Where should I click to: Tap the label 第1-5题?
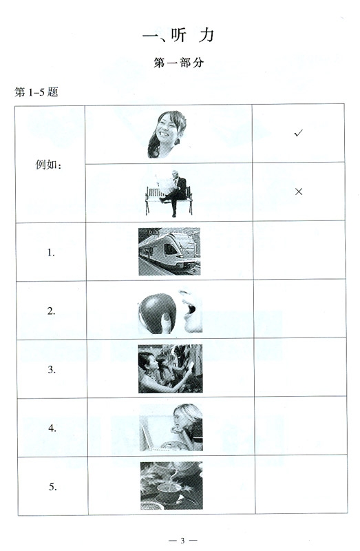coord(36,92)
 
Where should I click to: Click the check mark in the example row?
coord(298,134)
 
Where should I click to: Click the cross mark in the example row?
coord(298,191)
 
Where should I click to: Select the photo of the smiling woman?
coord(167,134)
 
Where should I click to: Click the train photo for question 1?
coord(169,251)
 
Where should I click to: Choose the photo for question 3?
coord(170,368)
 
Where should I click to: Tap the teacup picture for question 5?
coord(170,486)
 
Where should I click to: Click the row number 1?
coord(51,252)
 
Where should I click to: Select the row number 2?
coord(51,311)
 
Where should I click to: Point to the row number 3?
coord(51,369)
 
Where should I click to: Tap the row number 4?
coord(52,428)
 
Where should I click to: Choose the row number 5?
coord(52,486)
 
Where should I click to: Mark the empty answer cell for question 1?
coord(298,251)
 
